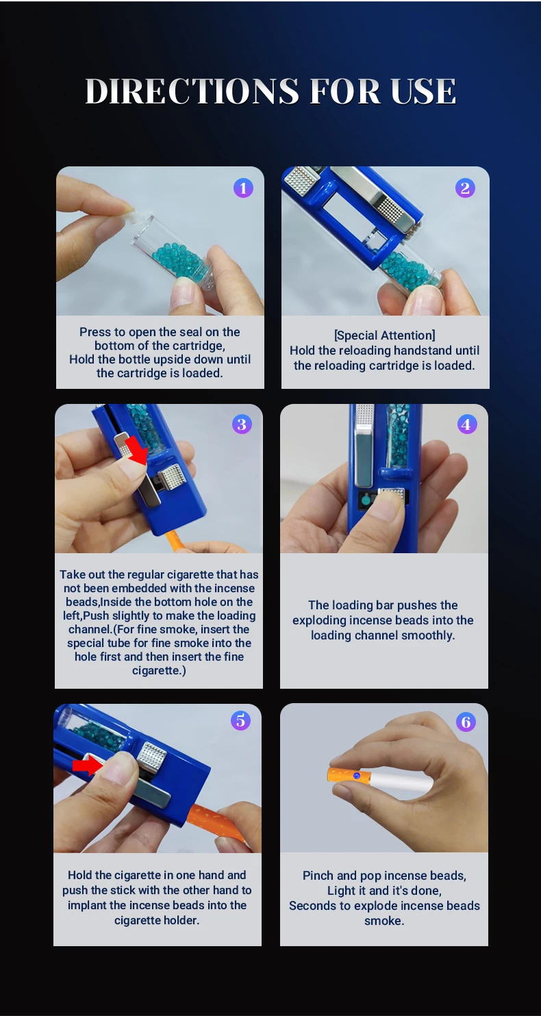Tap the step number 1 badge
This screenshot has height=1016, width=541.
(243, 188)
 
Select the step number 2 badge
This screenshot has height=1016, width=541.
(465, 188)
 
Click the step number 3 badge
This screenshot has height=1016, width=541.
(242, 424)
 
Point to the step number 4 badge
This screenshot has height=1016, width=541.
(467, 424)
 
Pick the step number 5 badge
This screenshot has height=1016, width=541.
(240, 720)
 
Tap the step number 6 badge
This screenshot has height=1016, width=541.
(466, 721)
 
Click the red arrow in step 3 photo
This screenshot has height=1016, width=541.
(136, 450)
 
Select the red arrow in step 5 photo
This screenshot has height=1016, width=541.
(88, 765)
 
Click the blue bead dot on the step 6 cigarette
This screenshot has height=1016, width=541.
(357, 776)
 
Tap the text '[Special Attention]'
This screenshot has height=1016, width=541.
(384, 335)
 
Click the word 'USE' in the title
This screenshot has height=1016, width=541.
(423, 91)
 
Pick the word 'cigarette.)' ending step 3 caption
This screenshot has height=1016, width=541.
(159, 670)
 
